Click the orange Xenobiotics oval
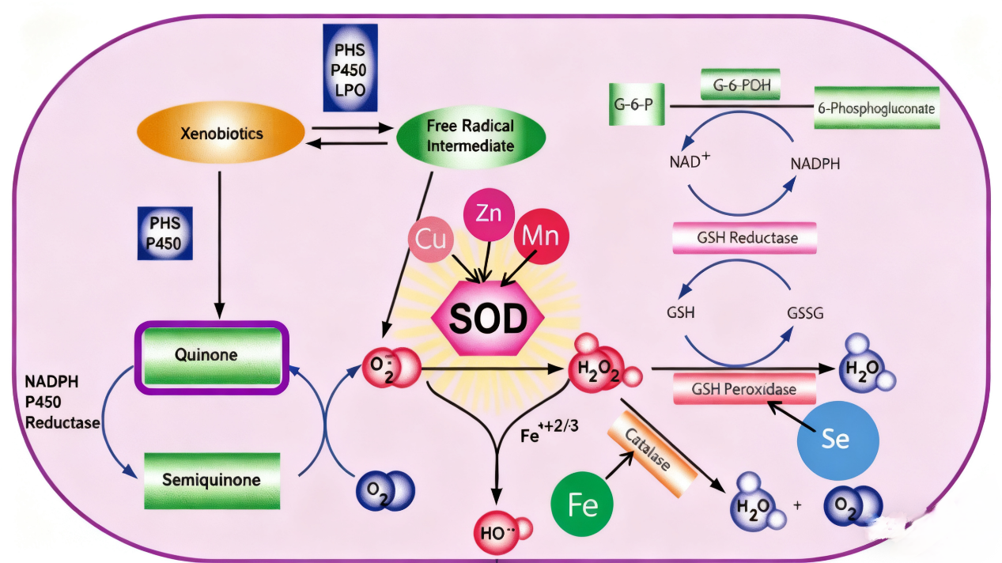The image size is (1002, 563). click(221, 134)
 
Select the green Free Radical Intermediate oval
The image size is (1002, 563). click(470, 135)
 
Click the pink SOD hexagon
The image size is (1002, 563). click(489, 319)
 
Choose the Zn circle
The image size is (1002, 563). click(488, 213)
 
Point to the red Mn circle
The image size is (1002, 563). click(541, 235)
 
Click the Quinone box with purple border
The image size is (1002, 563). click(209, 355)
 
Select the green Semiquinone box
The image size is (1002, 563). click(212, 480)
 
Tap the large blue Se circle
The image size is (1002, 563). click(838, 440)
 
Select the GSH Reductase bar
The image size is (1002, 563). click(744, 238)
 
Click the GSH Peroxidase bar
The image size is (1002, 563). click(744, 389)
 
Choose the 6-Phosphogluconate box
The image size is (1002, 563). click(875, 108)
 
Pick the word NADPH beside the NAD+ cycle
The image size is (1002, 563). click(815, 164)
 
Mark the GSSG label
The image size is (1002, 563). click(805, 313)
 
